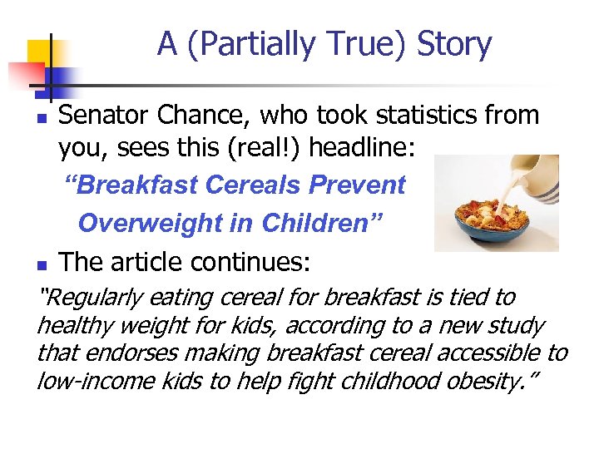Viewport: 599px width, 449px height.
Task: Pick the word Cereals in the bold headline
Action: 253,185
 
